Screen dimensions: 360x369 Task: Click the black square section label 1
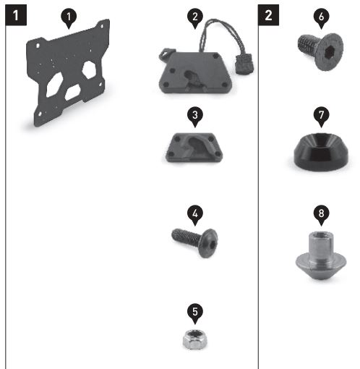click(x=16, y=15)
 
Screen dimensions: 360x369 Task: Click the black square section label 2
click(x=268, y=15)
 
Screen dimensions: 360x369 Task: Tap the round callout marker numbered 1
click(x=69, y=18)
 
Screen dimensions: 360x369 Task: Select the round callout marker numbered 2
click(x=195, y=18)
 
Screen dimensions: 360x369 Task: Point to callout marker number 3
click(x=195, y=116)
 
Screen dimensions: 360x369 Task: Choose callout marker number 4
click(x=195, y=214)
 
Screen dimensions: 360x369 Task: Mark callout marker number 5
click(x=195, y=313)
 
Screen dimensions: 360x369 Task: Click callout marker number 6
click(x=321, y=18)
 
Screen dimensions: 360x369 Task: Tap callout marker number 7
click(x=321, y=116)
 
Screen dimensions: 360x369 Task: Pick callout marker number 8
click(x=321, y=214)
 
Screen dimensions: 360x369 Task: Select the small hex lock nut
click(x=194, y=339)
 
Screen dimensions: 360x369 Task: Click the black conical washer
click(x=321, y=150)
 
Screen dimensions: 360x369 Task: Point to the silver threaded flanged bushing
click(x=321, y=255)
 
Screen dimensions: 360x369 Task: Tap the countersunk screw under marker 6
click(x=320, y=51)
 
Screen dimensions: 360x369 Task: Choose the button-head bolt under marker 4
click(x=195, y=242)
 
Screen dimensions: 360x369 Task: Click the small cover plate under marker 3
click(x=194, y=148)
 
